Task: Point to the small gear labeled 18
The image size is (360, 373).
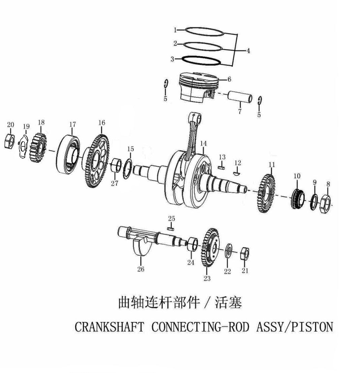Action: click(38, 148)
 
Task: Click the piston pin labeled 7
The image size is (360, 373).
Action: click(240, 97)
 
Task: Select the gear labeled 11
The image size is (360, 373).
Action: click(266, 193)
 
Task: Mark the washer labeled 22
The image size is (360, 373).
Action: click(228, 250)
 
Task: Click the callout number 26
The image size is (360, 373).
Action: click(140, 269)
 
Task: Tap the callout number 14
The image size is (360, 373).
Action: click(203, 144)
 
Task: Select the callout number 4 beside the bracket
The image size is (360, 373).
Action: click(248, 51)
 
